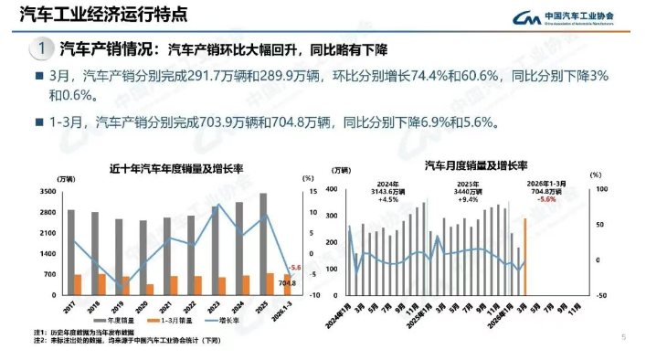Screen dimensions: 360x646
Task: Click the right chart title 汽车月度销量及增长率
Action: (475, 166)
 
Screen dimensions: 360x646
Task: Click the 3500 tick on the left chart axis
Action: (48, 192)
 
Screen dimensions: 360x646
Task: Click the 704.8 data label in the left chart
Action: (287, 284)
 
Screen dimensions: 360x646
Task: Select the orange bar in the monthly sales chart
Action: (524, 256)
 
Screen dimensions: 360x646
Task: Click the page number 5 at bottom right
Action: (623, 337)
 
